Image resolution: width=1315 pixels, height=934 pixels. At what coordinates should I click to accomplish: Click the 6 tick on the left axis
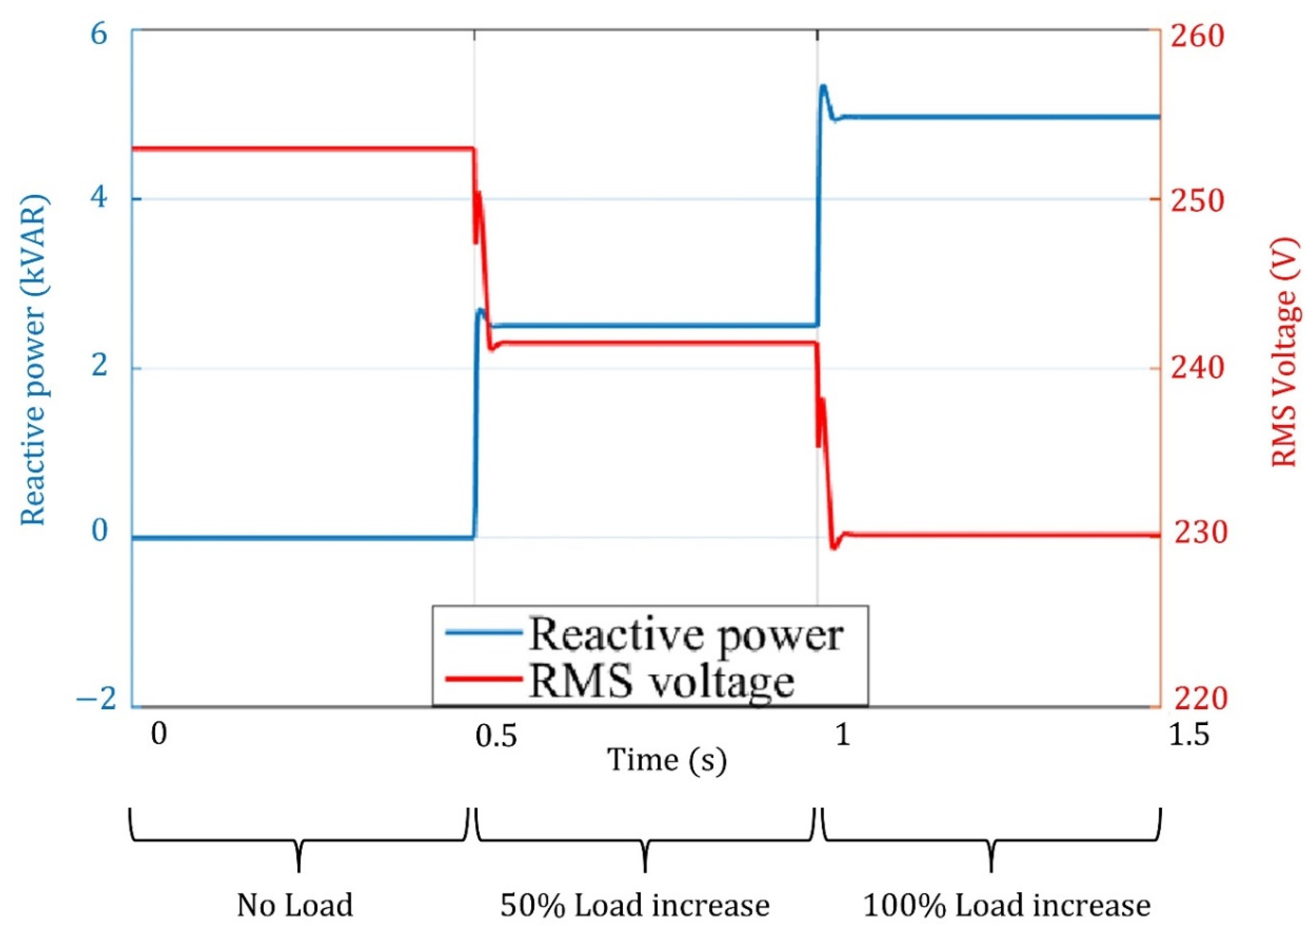pos(100,35)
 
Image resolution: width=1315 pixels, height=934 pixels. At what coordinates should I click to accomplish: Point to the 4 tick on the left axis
pos(100,199)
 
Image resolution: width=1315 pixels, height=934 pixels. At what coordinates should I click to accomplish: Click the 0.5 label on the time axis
pos(496,735)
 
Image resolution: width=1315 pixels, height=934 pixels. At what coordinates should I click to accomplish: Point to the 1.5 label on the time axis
pos(1189,734)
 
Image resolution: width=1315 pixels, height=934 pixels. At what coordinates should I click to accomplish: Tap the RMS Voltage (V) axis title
pos(1284,360)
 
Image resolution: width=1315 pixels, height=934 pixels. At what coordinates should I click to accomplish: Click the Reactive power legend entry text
pos(685,636)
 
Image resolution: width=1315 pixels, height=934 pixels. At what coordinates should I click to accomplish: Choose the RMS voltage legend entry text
pos(661,683)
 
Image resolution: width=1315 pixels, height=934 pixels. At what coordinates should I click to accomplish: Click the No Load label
pos(295,905)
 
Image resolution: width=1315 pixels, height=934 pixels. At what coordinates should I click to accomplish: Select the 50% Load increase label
pos(635,905)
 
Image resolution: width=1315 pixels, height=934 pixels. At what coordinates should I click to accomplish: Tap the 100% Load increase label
pos(1007,905)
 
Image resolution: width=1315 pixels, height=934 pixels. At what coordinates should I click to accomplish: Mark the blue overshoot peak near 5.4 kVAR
pos(824,87)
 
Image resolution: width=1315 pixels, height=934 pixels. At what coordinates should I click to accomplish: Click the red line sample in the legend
pos(484,680)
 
